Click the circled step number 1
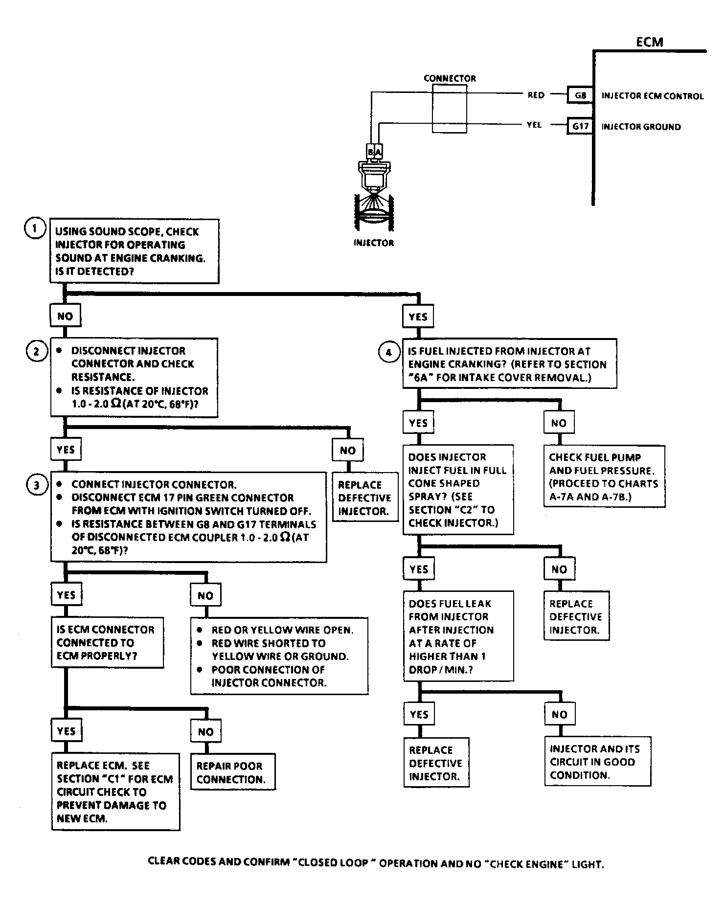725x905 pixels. point(35,229)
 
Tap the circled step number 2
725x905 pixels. point(36,352)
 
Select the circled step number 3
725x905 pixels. point(36,485)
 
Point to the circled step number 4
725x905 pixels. point(388,352)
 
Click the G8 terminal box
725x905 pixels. point(580,95)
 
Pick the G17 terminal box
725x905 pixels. point(580,126)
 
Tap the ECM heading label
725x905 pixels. point(650,42)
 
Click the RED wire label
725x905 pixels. point(536,95)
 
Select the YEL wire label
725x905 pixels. point(534,125)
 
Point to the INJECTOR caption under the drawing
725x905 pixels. point(373,243)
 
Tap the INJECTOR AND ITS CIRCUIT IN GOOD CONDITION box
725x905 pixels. point(597,762)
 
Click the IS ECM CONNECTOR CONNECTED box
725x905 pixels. point(107,642)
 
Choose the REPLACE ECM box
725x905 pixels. point(115,792)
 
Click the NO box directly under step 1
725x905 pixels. point(65,317)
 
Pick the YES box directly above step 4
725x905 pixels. point(418,317)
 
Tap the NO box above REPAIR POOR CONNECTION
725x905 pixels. point(205,732)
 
